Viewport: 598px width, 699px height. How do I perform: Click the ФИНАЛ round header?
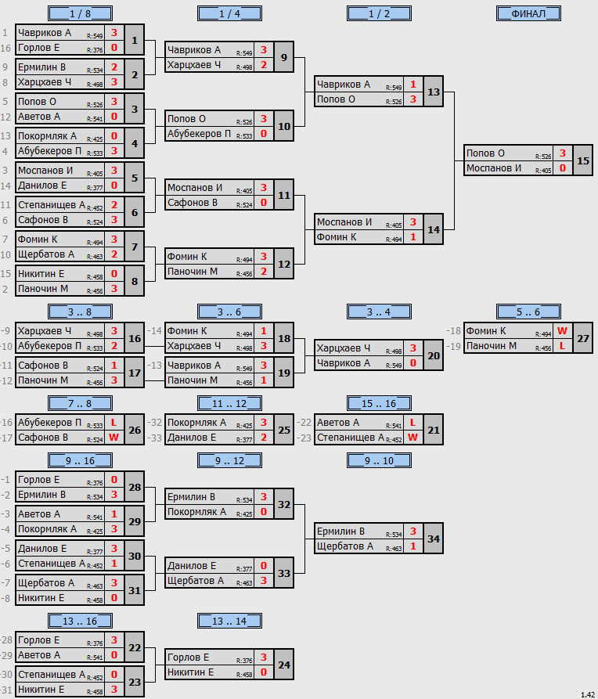[528, 14]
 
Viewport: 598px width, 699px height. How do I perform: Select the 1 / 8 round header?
[81, 14]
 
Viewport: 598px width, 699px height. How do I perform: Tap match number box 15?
[583, 160]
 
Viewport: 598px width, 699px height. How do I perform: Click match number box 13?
[434, 92]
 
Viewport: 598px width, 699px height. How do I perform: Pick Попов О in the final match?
[485, 153]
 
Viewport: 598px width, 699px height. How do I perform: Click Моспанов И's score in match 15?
[563, 168]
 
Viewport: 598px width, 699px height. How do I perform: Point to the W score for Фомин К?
[562, 331]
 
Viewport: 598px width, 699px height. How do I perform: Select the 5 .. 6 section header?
[528, 312]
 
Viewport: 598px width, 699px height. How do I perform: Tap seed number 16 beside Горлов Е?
[5, 49]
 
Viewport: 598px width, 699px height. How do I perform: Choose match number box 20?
[434, 355]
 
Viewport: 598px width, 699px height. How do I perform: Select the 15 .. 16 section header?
[379, 403]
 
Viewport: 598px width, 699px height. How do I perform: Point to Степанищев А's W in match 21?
[413, 438]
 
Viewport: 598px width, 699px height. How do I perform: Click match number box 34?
[434, 539]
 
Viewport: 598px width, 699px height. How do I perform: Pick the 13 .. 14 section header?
[229, 621]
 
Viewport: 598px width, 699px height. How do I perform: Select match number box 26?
[135, 430]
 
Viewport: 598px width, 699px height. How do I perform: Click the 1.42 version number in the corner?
[588, 694]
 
